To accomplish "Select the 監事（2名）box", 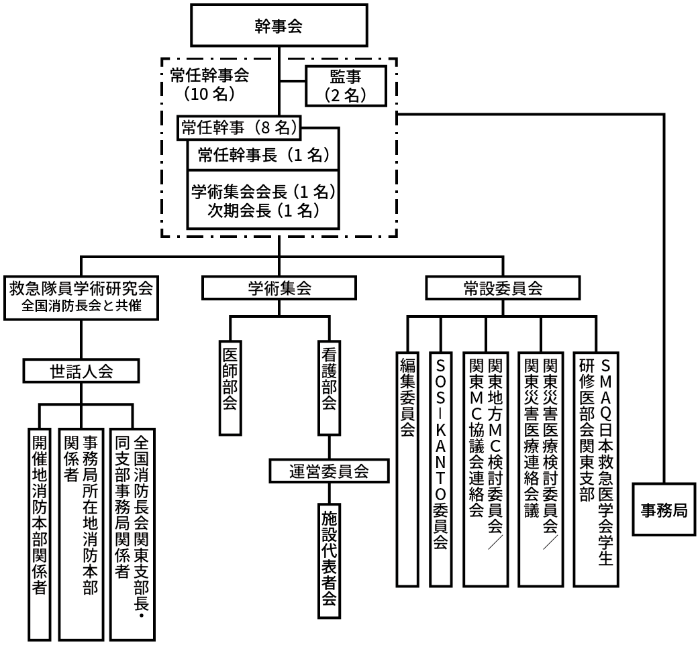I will click(346, 85).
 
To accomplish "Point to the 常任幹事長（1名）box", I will click(262, 156).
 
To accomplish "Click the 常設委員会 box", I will click(503, 288).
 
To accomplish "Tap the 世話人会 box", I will click(81, 371).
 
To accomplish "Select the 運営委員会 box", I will click(330, 471).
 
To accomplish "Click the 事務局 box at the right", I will click(664, 510).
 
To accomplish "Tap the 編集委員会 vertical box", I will click(407, 469).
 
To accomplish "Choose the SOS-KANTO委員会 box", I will click(440, 469).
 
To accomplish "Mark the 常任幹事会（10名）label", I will click(209, 84).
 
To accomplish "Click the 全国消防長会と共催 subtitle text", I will click(81, 308).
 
